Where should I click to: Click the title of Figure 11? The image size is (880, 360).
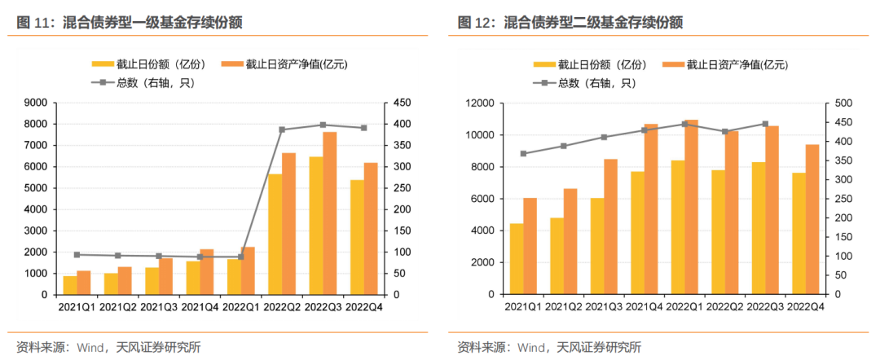click(x=130, y=22)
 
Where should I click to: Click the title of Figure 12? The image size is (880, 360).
click(x=570, y=22)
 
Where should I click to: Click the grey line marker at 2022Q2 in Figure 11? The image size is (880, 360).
click(x=282, y=130)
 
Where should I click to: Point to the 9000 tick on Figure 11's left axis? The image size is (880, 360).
click(x=36, y=103)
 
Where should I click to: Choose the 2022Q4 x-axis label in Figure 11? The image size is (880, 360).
click(x=364, y=307)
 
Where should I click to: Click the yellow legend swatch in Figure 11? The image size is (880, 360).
click(x=103, y=64)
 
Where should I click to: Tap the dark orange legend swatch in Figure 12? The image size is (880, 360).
click(x=673, y=64)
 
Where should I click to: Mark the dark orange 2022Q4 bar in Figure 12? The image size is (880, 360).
click(x=812, y=219)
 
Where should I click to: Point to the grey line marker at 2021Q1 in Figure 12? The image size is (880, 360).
click(x=524, y=153)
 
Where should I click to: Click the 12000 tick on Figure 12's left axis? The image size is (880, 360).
click(x=480, y=103)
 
